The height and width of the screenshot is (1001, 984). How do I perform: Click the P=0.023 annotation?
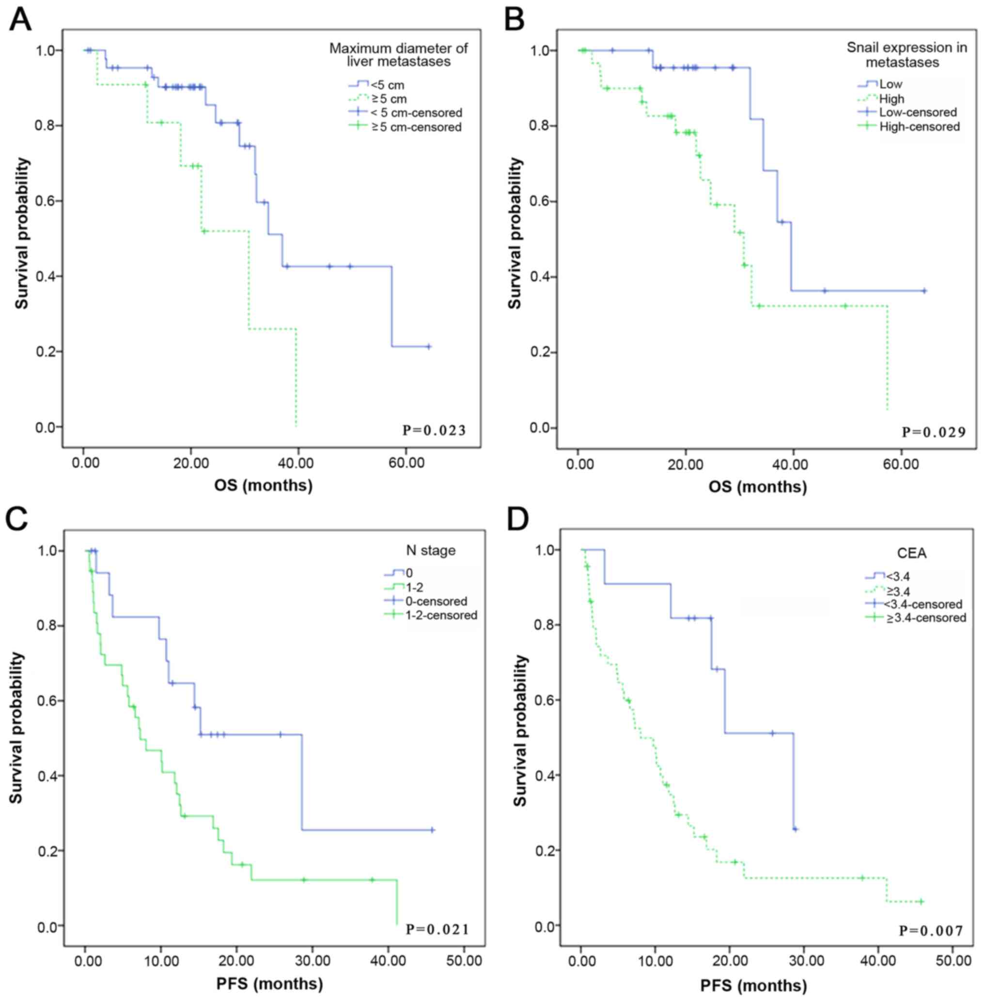[434, 430]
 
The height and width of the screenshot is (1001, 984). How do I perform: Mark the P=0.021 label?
[437, 929]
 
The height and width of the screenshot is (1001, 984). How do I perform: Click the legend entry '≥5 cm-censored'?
[416, 127]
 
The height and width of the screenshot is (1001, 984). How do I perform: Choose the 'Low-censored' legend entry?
[918, 112]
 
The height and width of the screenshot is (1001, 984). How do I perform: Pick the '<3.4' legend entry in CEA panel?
[898, 576]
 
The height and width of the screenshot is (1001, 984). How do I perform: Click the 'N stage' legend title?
[431, 550]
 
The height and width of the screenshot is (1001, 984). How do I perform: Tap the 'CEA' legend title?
[912, 553]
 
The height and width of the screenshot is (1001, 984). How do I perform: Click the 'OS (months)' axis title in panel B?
[758, 487]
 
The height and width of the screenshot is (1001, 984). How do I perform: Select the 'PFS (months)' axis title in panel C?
[269, 984]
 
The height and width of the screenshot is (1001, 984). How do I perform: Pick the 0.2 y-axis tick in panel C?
[47, 851]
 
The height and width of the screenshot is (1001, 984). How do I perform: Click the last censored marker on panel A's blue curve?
[428, 347]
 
